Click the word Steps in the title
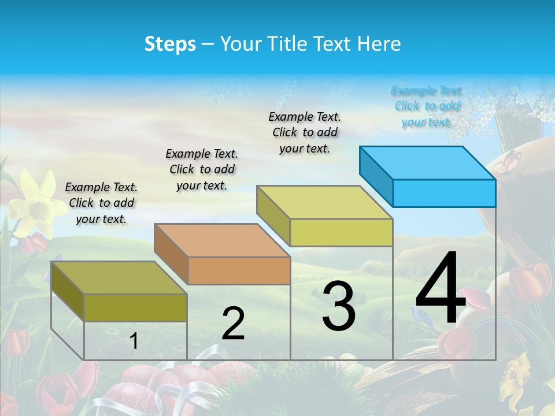pos(170,44)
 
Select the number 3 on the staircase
pos(338,306)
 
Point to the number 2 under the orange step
pos(233,324)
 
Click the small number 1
pos(134,341)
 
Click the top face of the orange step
pos(221,240)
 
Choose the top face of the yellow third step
pos(324,202)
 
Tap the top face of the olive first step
pos(119,277)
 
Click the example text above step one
pos(101,203)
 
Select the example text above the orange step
pos(202,169)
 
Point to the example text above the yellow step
pos(305,132)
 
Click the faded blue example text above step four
pos(427,106)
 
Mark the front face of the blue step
pos(444,193)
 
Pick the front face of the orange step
pos(239,270)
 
